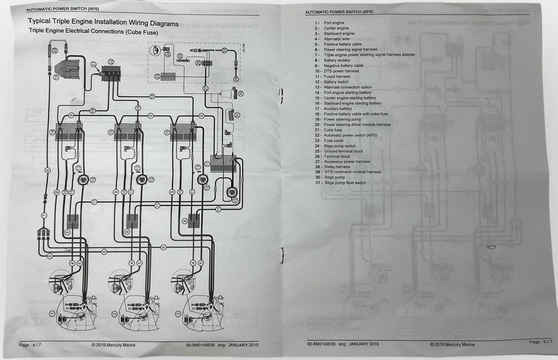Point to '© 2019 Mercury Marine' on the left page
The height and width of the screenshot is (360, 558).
[113, 344]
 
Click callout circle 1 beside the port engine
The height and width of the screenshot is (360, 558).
[52, 314]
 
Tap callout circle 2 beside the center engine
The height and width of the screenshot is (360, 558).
[113, 314]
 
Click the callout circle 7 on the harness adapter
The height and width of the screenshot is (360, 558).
[43, 215]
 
